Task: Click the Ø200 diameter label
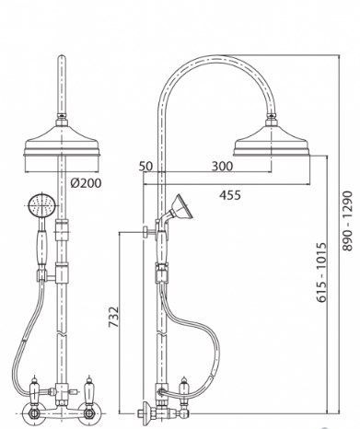86,183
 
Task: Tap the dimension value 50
145,166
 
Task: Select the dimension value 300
223,166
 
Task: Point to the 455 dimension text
230,195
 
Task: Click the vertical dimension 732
114,317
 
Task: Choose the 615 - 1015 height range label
321,272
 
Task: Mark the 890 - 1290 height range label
348,221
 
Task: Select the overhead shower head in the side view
272,142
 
